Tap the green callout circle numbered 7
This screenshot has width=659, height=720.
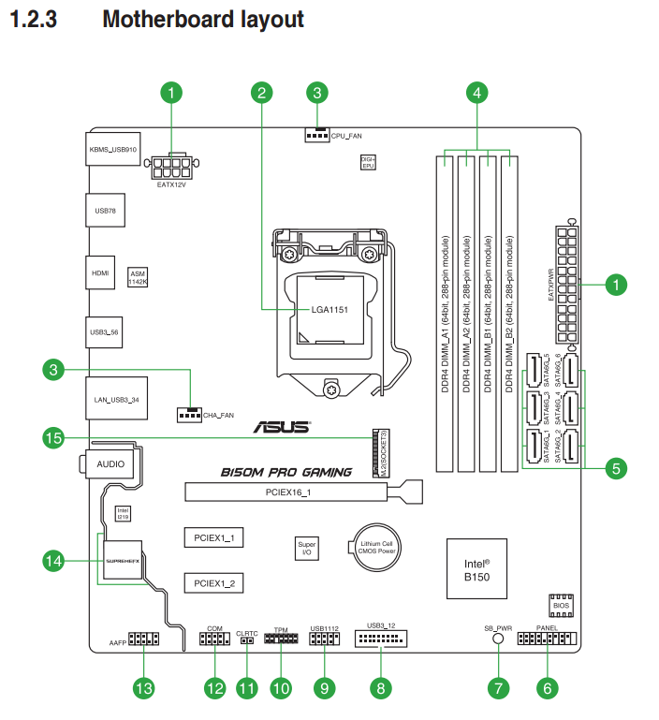498,688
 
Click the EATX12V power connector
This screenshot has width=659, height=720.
173,169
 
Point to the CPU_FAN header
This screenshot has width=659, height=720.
317,135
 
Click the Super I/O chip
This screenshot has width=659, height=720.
306,549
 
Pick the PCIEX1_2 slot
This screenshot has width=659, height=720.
213,583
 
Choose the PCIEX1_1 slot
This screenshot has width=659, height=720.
213,537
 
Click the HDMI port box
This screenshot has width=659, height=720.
100,273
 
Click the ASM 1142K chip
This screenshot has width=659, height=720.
139,277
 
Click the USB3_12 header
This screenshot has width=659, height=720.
382,639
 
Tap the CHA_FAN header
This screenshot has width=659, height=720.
188,413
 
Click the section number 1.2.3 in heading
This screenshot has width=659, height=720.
34,19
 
